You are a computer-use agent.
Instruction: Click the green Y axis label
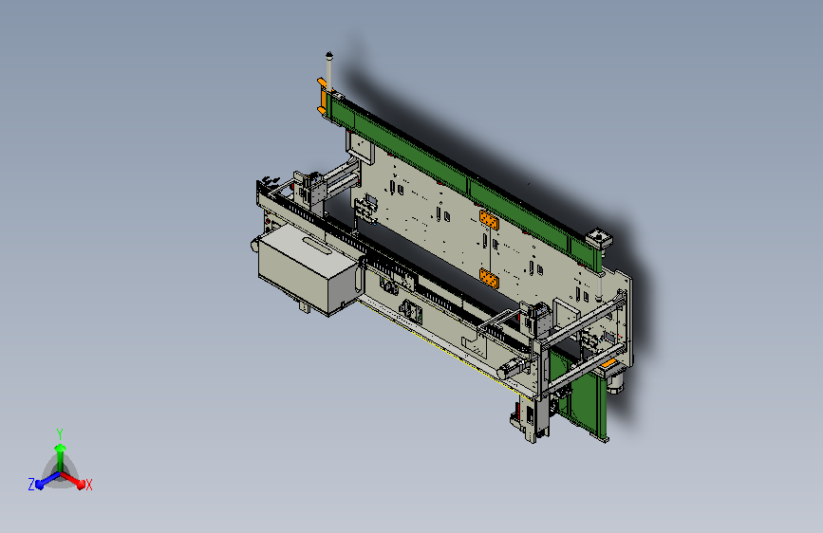[60, 433]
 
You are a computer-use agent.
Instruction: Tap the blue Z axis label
[31, 485]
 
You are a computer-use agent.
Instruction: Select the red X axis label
[89, 486]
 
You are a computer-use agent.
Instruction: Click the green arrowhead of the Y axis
[60, 448]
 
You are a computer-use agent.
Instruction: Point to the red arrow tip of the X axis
[81, 484]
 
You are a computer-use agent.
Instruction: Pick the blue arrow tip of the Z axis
[40, 484]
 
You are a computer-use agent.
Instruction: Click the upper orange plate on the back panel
[489, 220]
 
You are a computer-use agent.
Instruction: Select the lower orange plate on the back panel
[489, 278]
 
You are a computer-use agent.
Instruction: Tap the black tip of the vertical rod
[329, 54]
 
